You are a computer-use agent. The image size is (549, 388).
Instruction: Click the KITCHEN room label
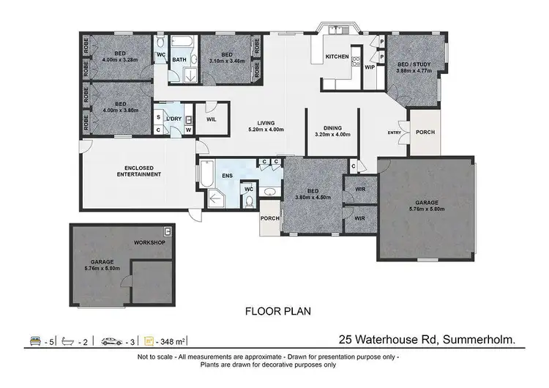coord(337,56)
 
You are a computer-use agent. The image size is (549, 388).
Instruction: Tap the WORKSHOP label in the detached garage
coord(150,242)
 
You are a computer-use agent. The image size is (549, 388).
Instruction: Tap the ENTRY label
coord(395,133)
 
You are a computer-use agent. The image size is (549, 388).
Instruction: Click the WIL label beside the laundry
coord(211,119)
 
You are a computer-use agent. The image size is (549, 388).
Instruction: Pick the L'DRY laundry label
coord(173,119)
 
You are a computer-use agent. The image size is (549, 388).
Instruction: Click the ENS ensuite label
coord(228,176)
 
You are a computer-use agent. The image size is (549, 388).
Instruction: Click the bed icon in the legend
coord(33,340)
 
